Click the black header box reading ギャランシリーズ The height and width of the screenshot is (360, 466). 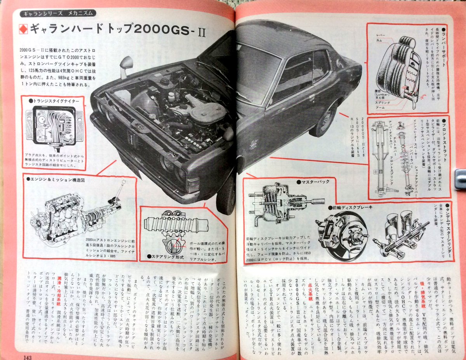pos(55,13)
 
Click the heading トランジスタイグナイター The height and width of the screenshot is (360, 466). pos(57,101)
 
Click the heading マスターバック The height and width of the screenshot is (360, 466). pos(312,181)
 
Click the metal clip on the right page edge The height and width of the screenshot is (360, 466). pos(460,179)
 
